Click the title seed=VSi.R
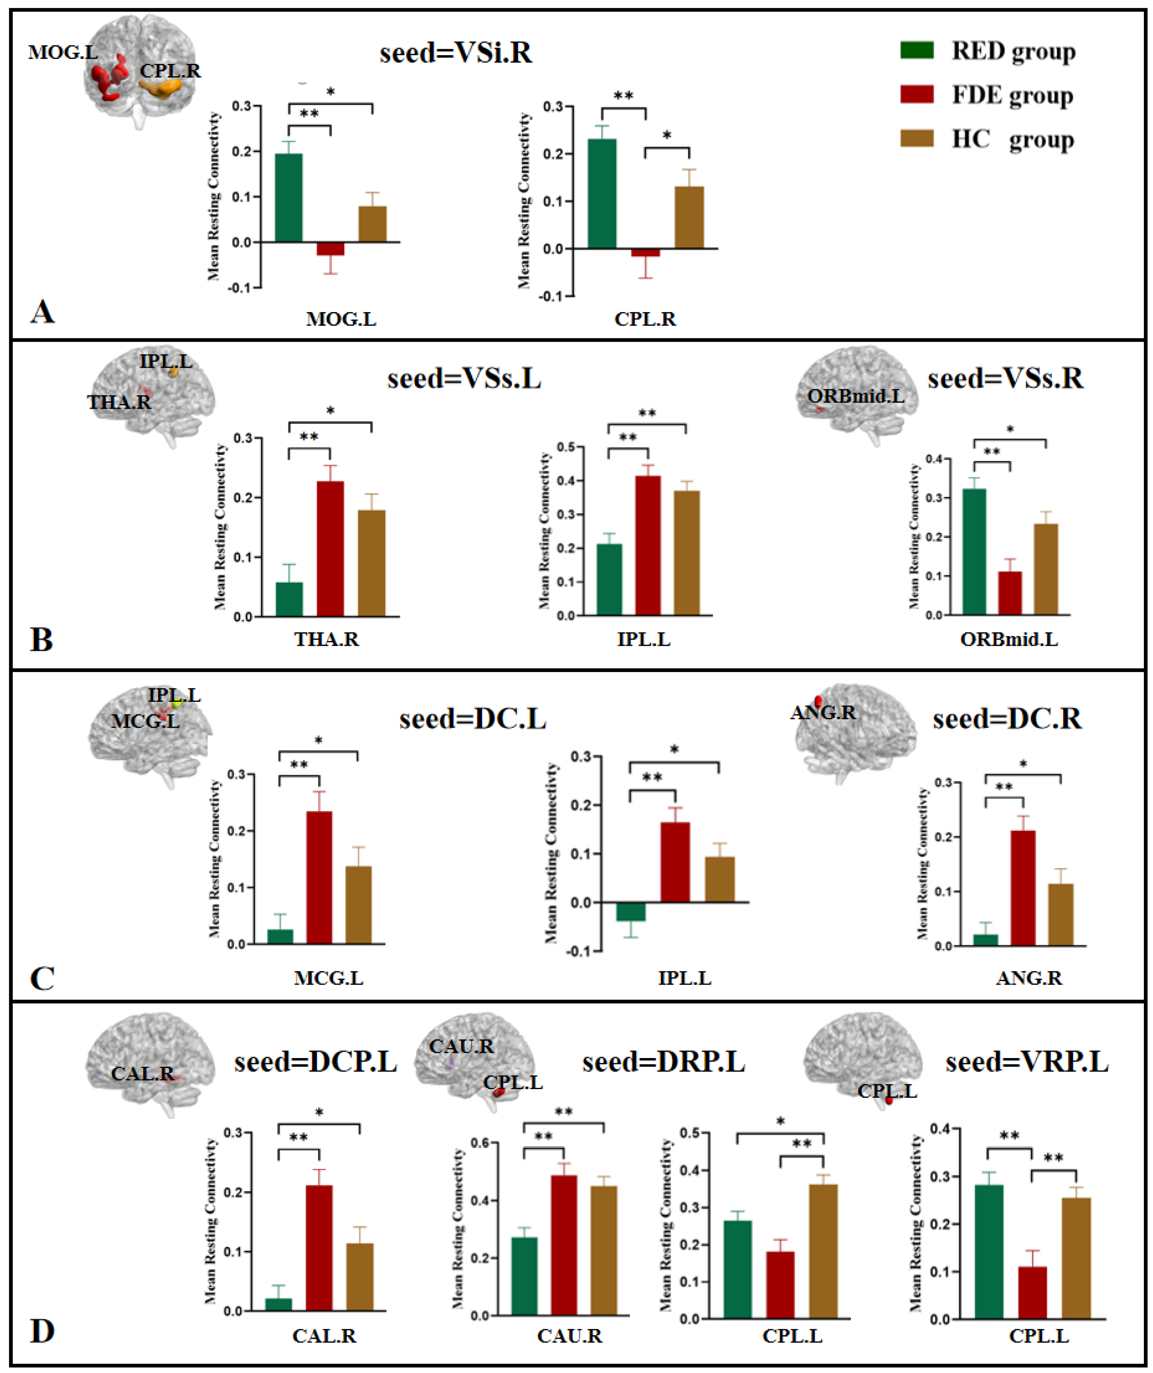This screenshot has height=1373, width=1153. (456, 52)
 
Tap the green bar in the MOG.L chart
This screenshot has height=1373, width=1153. (288, 197)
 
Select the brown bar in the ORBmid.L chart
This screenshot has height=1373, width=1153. (1045, 569)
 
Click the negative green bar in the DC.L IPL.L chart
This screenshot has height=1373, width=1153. (630, 911)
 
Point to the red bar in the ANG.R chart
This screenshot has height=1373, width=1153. (1022, 888)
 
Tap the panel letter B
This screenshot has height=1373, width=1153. (41, 639)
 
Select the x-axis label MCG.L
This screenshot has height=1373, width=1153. (328, 978)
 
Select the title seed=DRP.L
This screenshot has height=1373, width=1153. (663, 1062)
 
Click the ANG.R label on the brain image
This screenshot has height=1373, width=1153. (823, 713)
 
